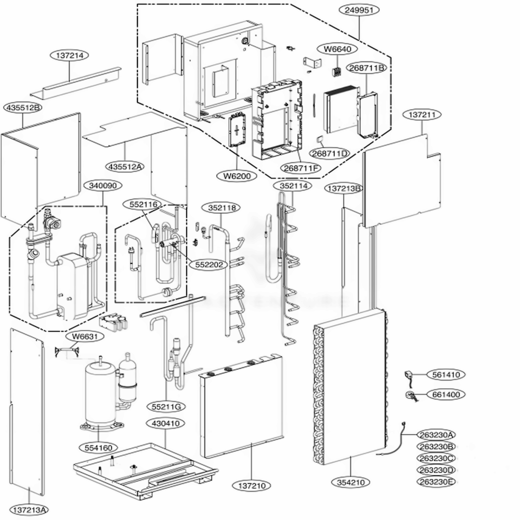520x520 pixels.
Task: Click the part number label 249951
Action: click(359, 10)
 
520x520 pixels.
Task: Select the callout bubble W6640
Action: click(337, 49)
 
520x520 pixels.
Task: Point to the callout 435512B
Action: click(22, 108)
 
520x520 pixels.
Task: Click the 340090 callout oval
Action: click(102, 186)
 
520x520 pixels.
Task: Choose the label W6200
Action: click(237, 176)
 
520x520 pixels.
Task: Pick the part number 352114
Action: click(293, 186)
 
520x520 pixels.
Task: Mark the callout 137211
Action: click(422, 115)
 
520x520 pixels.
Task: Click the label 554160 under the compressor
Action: click(98, 448)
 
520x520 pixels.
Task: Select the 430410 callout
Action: click(165, 423)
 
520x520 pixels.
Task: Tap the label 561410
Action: click(446, 375)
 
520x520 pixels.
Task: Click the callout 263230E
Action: click(436, 482)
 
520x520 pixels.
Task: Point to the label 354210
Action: click(351, 482)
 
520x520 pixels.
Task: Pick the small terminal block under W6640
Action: click(337, 72)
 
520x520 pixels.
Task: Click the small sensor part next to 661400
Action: click(411, 396)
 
